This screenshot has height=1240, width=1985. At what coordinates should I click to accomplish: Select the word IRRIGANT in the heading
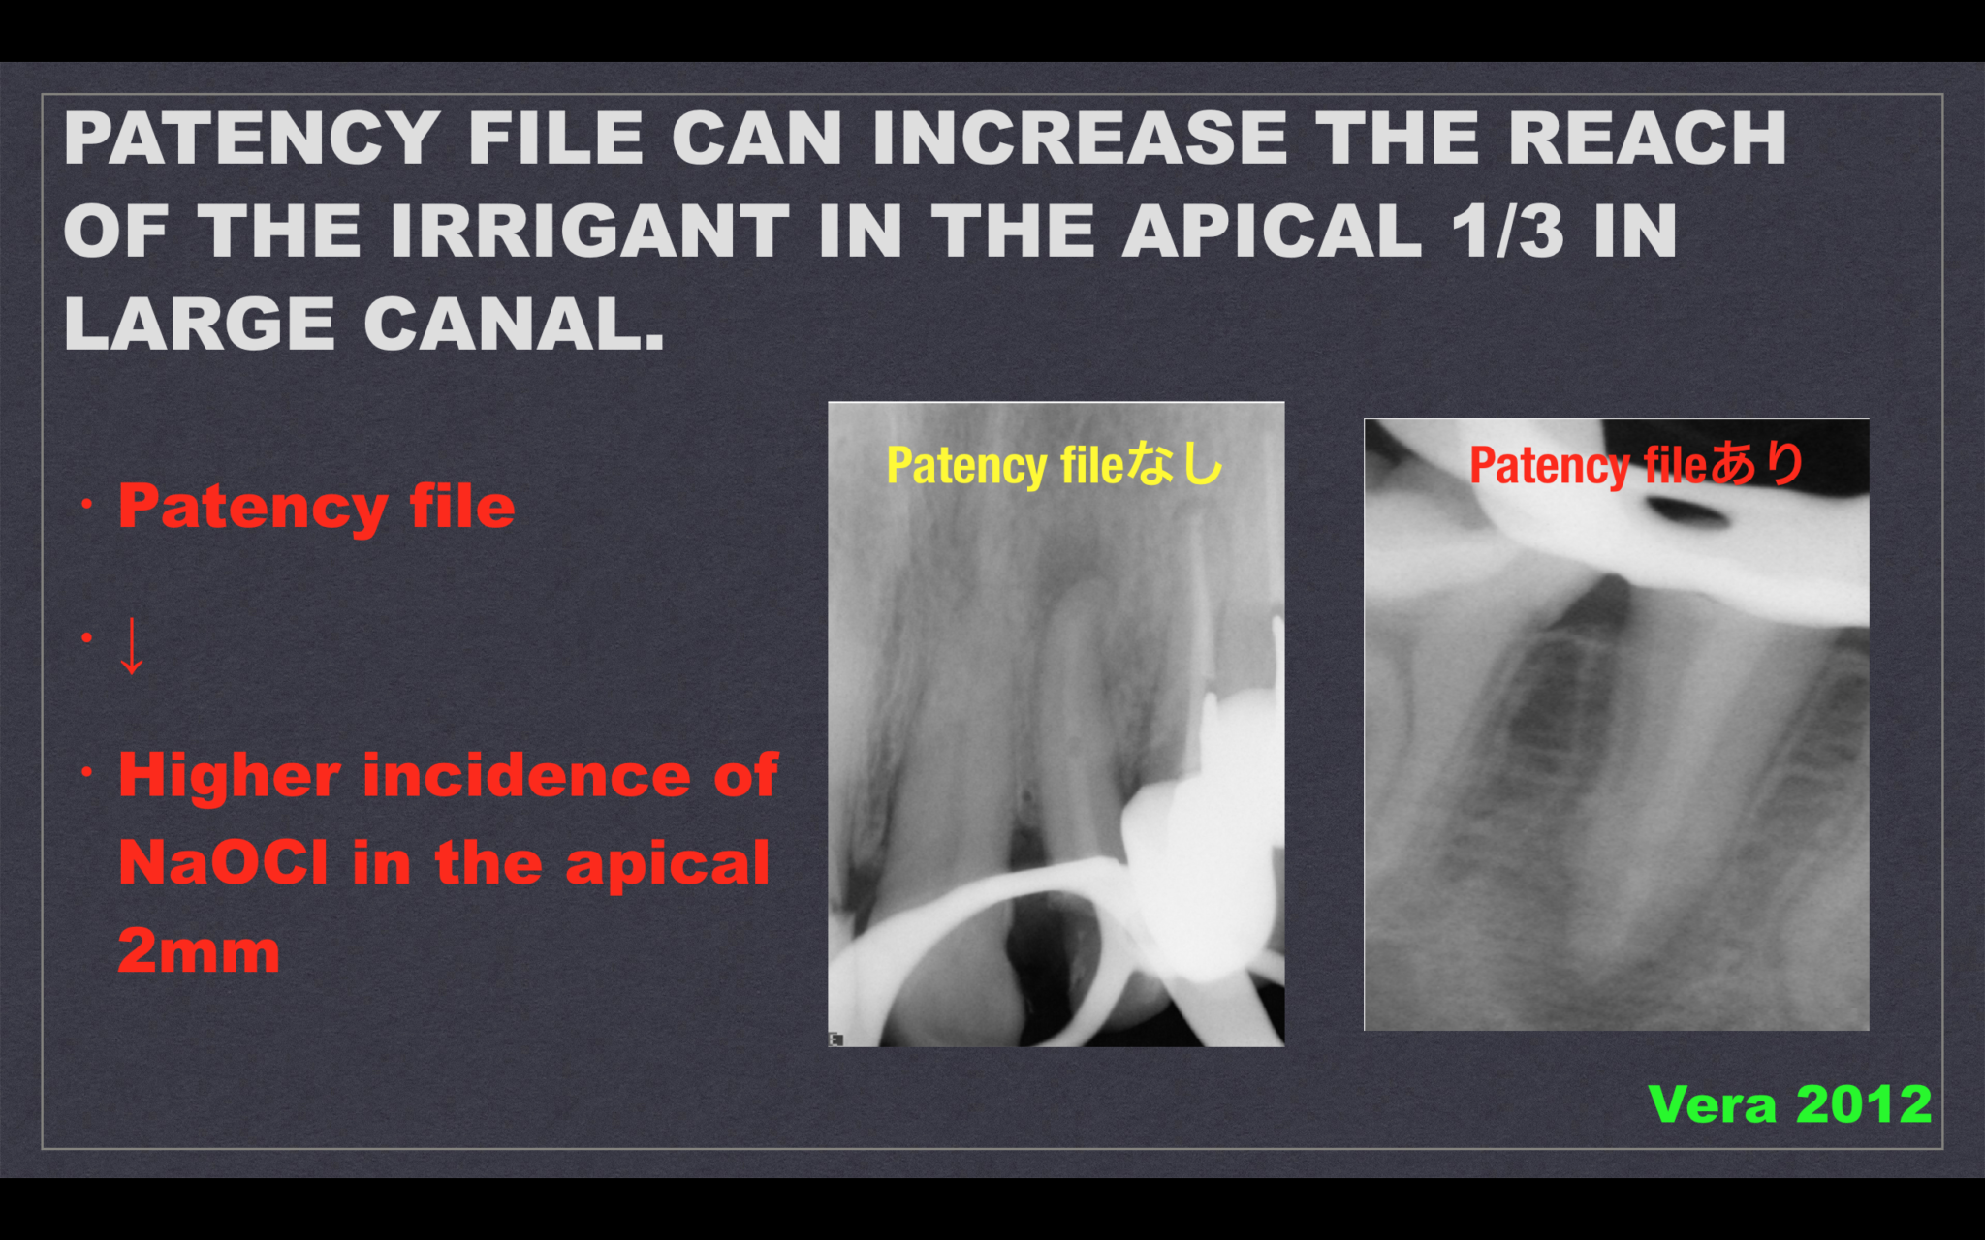(590, 232)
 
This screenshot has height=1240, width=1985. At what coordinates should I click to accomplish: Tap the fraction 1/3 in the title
(1507, 232)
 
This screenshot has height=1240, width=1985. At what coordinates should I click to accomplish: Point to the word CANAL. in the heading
(514, 324)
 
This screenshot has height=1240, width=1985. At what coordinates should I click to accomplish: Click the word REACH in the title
(1647, 139)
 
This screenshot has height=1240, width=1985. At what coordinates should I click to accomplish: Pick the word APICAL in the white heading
(1273, 232)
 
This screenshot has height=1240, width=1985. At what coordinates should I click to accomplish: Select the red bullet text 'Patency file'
(316, 507)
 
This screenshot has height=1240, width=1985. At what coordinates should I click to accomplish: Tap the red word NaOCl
(223, 862)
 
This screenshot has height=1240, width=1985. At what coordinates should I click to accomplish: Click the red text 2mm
(199, 950)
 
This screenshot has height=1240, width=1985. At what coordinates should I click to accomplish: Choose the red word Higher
(230, 776)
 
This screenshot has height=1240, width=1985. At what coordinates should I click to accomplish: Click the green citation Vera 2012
(1789, 1104)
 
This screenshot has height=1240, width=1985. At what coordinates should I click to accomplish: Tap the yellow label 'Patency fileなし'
(1055, 465)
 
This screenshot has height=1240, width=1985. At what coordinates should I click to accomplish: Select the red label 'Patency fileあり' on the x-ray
(1636, 464)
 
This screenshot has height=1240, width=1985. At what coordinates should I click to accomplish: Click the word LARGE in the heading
(200, 324)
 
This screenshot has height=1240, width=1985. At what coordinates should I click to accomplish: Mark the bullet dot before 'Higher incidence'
(87, 772)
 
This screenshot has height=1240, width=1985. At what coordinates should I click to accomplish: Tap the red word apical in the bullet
(668, 862)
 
